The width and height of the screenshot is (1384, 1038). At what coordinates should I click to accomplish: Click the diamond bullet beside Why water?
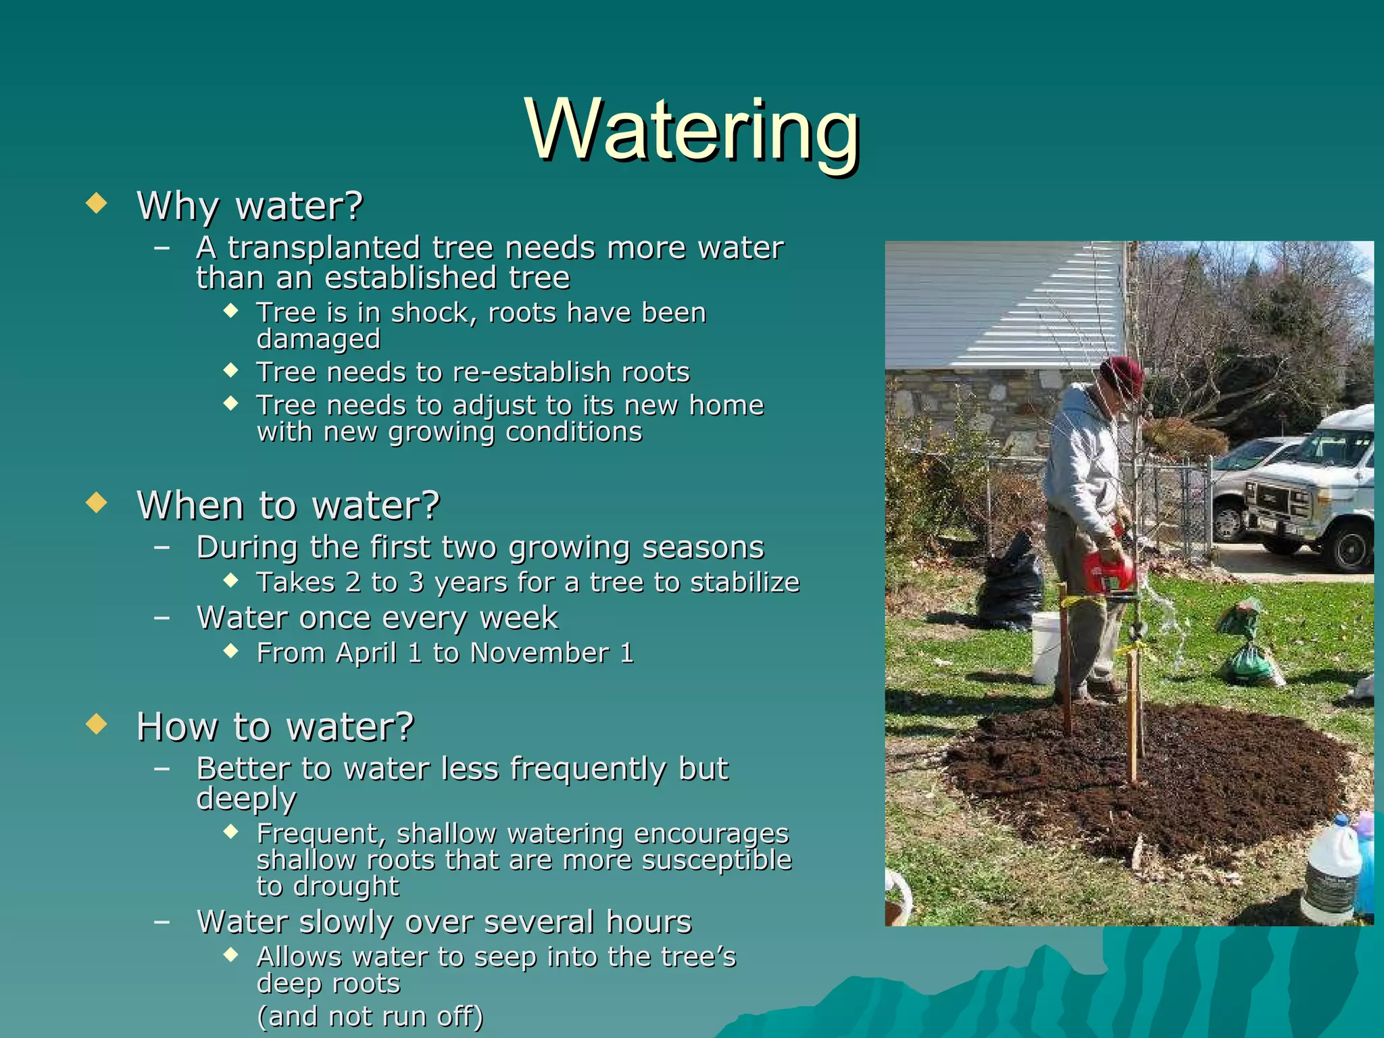pyautogui.click(x=97, y=203)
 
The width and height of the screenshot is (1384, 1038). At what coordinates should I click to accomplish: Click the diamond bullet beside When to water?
pyautogui.click(x=97, y=503)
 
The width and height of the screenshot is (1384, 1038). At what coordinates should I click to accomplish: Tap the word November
pyautogui.click(x=539, y=653)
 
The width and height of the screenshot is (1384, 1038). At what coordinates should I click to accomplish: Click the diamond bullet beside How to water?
pyautogui.click(x=97, y=724)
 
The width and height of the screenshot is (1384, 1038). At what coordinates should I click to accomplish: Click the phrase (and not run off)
pyautogui.click(x=370, y=1016)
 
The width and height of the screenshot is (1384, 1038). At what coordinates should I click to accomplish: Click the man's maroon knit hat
pyautogui.click(x=1122, y=376)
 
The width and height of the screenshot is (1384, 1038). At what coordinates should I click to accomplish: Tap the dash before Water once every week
pyautogui.click(x=162, y=618)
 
